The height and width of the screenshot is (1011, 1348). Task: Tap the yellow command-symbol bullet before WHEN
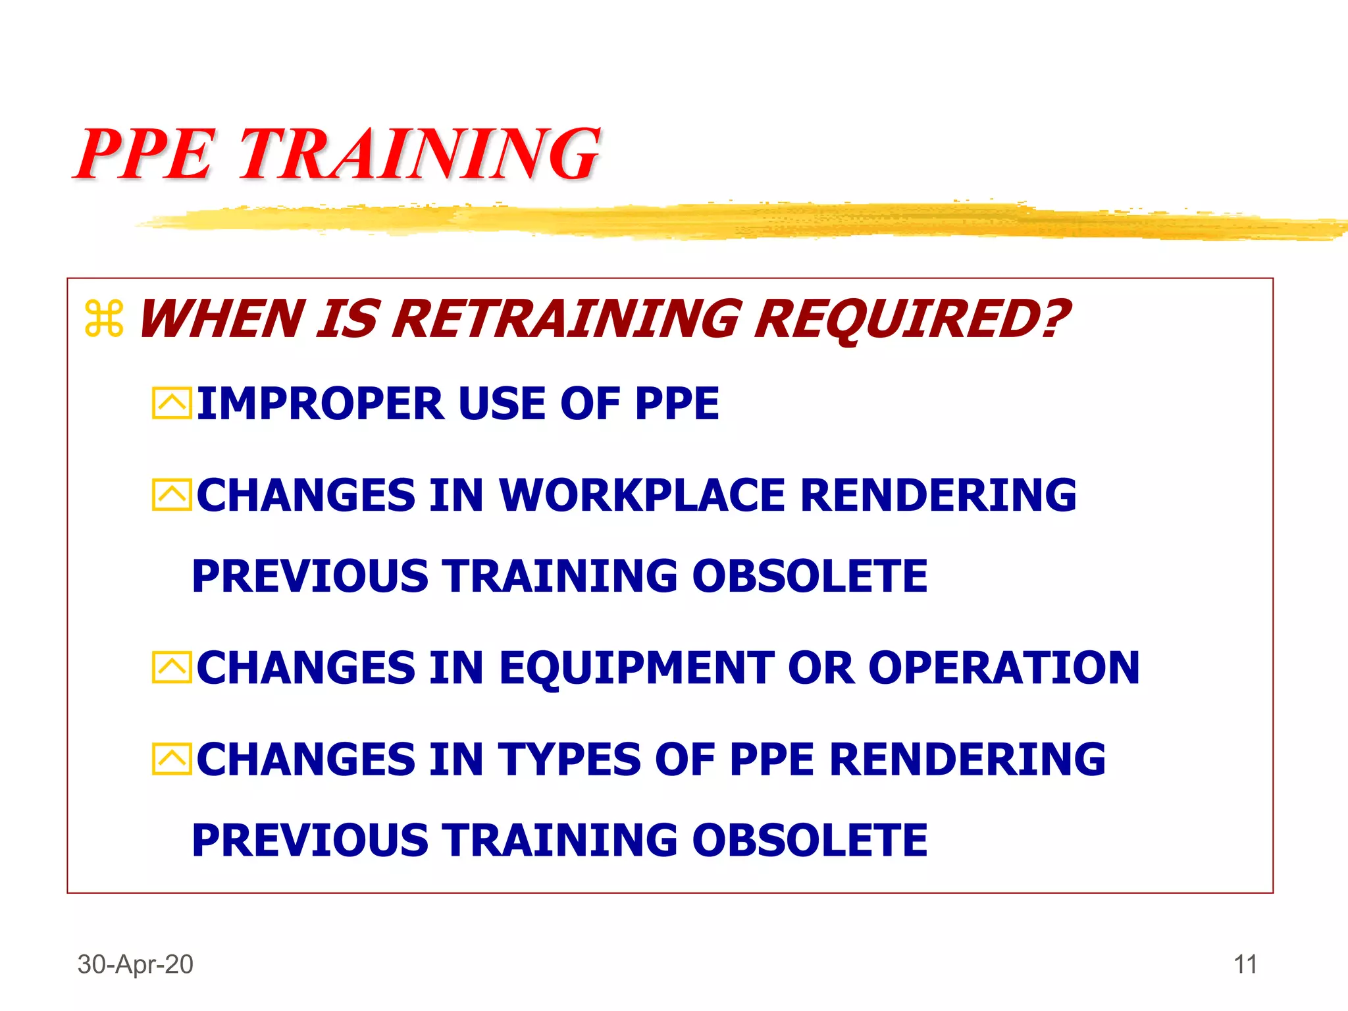104,319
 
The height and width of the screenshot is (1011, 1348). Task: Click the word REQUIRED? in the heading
912,319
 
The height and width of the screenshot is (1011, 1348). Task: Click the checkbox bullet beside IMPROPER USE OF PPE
172,403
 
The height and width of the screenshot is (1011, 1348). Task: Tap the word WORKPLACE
642,495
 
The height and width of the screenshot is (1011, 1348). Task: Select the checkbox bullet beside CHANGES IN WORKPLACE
172,495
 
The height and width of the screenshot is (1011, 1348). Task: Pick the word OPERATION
1003,668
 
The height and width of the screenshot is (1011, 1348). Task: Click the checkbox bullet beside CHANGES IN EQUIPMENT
172,668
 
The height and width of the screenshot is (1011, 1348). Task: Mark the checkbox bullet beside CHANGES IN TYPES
172,760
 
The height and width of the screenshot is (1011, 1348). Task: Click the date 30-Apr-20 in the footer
136,964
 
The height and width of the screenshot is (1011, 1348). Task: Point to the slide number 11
1245,964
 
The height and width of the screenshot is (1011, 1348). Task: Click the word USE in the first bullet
502,403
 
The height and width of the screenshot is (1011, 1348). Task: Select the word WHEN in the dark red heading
221,319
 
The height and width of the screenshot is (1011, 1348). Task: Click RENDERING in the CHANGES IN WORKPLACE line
938,495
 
